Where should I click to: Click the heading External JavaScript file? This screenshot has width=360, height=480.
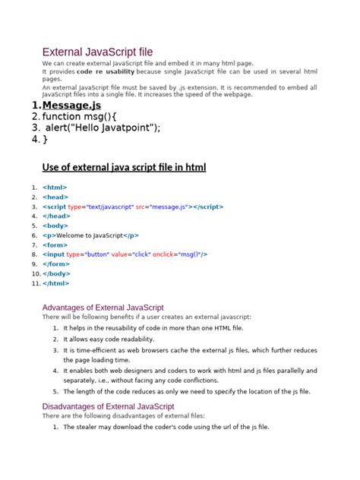tap(107, 52)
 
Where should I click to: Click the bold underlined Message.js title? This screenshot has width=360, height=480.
tap(71, 105)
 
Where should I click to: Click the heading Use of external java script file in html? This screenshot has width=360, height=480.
tap(124, 167)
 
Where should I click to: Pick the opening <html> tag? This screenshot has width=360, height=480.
tap(55, 187)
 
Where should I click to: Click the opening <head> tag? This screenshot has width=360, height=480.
tap(55, 197)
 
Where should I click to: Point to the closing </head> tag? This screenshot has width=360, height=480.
tap(56, 216)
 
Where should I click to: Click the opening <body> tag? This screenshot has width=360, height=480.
tap(55, 226)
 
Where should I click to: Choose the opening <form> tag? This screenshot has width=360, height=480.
tap(55, 245)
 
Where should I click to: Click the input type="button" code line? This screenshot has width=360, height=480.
tap(125, 254)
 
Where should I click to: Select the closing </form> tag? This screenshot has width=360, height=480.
tap(56, 264)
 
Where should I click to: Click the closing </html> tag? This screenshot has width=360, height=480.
tap(56, 283)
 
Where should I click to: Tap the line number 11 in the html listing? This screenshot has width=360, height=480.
tap(35, 283)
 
